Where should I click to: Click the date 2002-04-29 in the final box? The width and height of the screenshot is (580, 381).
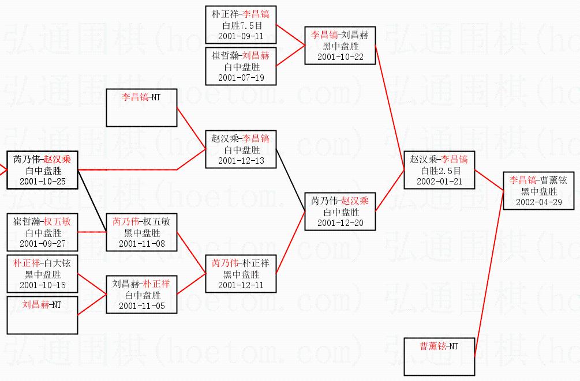pos(539,202)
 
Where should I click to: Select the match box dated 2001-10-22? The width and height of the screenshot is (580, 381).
pos(340,46)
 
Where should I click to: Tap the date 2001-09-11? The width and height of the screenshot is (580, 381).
pos(241,36)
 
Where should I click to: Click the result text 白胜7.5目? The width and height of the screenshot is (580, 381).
pos(241,25)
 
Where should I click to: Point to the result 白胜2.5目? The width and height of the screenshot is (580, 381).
pos(439,171)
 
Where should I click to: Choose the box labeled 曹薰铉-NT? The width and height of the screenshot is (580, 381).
pos(439,356)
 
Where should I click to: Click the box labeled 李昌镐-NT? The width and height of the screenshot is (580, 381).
pos(141,108)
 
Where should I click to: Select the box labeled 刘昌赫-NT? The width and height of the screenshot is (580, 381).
pos(42,315)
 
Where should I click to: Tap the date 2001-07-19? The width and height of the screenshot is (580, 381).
pos(241,78)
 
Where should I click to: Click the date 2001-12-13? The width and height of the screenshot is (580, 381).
pos(241,161)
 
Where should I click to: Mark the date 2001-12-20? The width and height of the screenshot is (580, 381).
pos(340,223)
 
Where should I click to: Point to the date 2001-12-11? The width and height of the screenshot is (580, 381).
pos(241,285)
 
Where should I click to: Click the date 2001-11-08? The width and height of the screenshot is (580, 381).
pos(141,244)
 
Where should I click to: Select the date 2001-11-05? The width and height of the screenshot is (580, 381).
pos(141,306)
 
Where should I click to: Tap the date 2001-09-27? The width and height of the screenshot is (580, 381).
pos(42,244)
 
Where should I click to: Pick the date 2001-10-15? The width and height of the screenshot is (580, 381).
pos(42,285)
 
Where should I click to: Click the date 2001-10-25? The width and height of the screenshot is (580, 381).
pos(42,182)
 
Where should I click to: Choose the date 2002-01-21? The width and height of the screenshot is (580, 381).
pos(439,182)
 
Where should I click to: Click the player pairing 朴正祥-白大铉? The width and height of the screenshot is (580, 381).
pos(42,263)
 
